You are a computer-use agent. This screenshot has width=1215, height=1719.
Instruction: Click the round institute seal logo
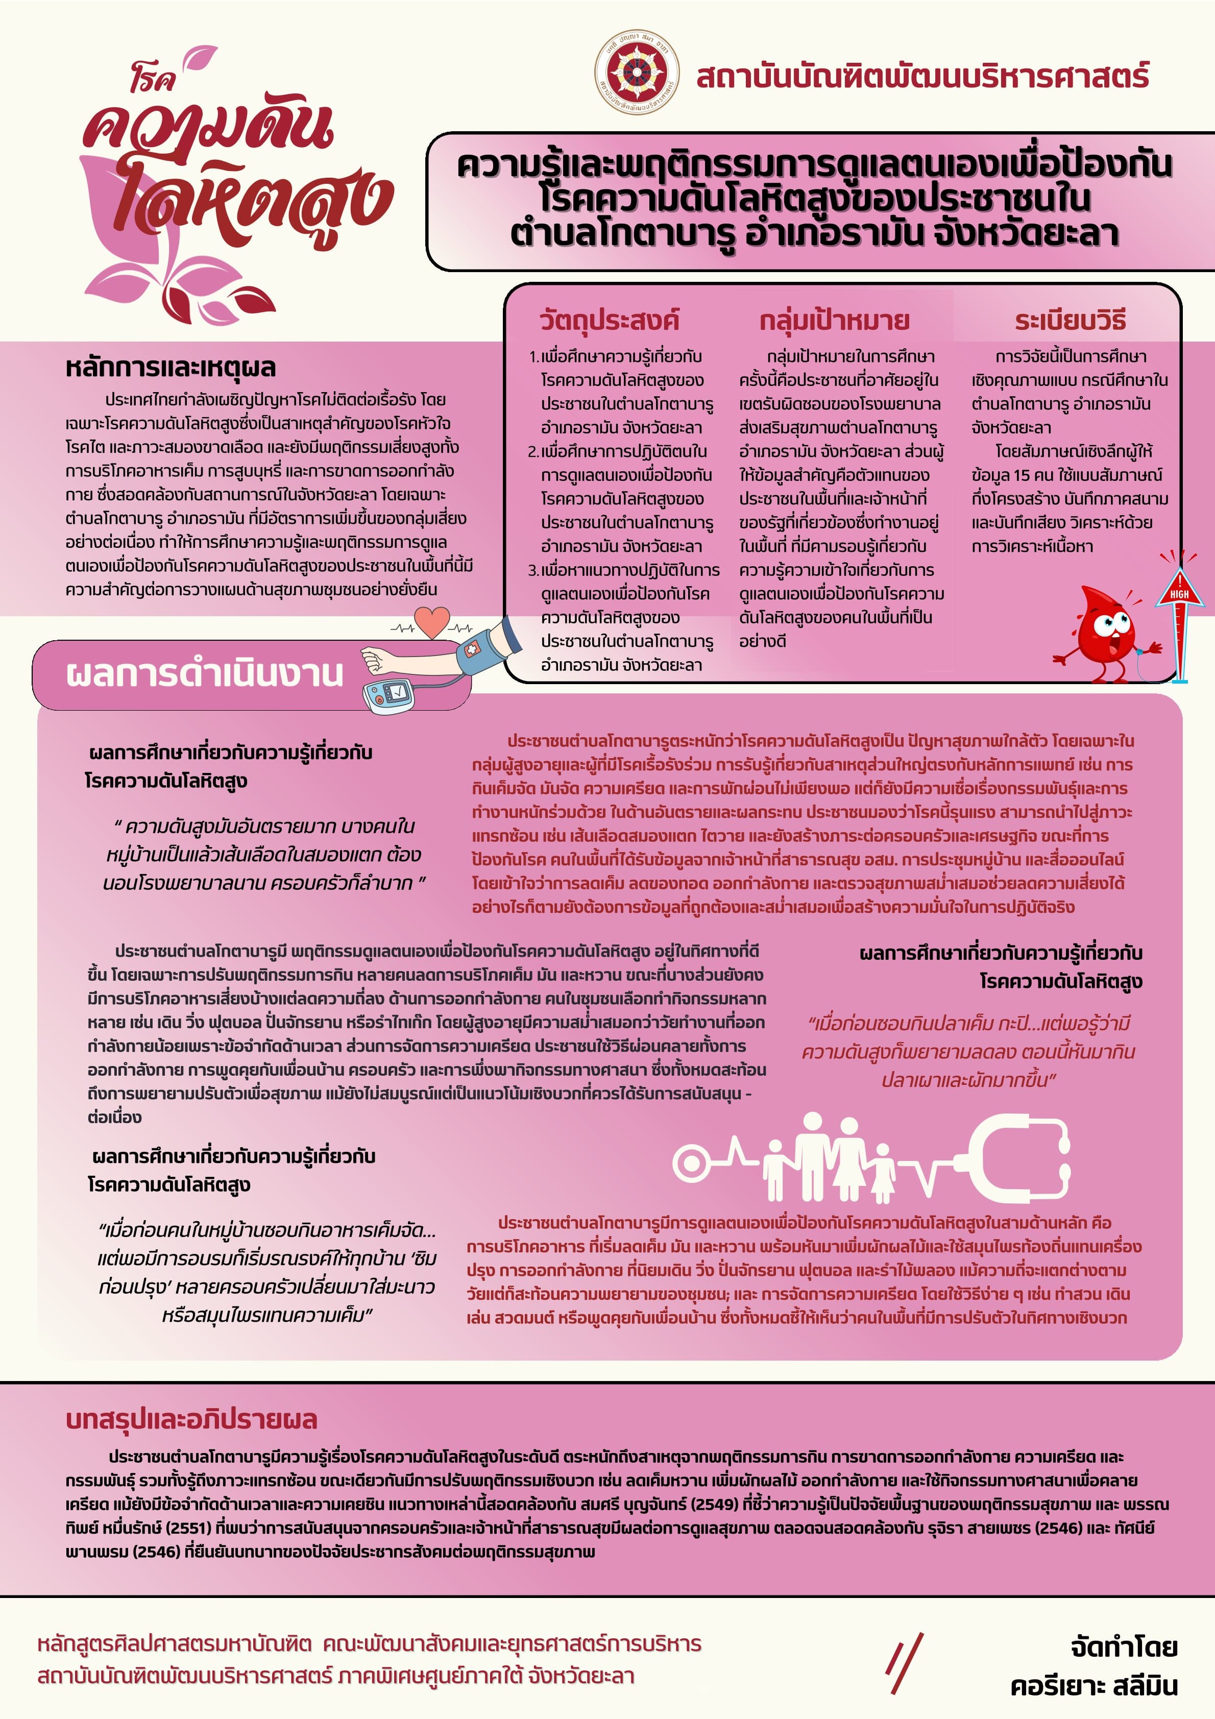coord(636,72)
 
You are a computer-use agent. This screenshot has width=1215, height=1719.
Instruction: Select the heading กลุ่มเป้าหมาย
coord(834,321)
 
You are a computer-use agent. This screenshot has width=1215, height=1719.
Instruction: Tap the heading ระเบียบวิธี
coord(1070,321)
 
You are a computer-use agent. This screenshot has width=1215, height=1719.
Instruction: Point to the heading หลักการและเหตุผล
coord(171,368)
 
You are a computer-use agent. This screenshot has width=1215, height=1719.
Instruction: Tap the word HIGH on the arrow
coord(1179,594)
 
